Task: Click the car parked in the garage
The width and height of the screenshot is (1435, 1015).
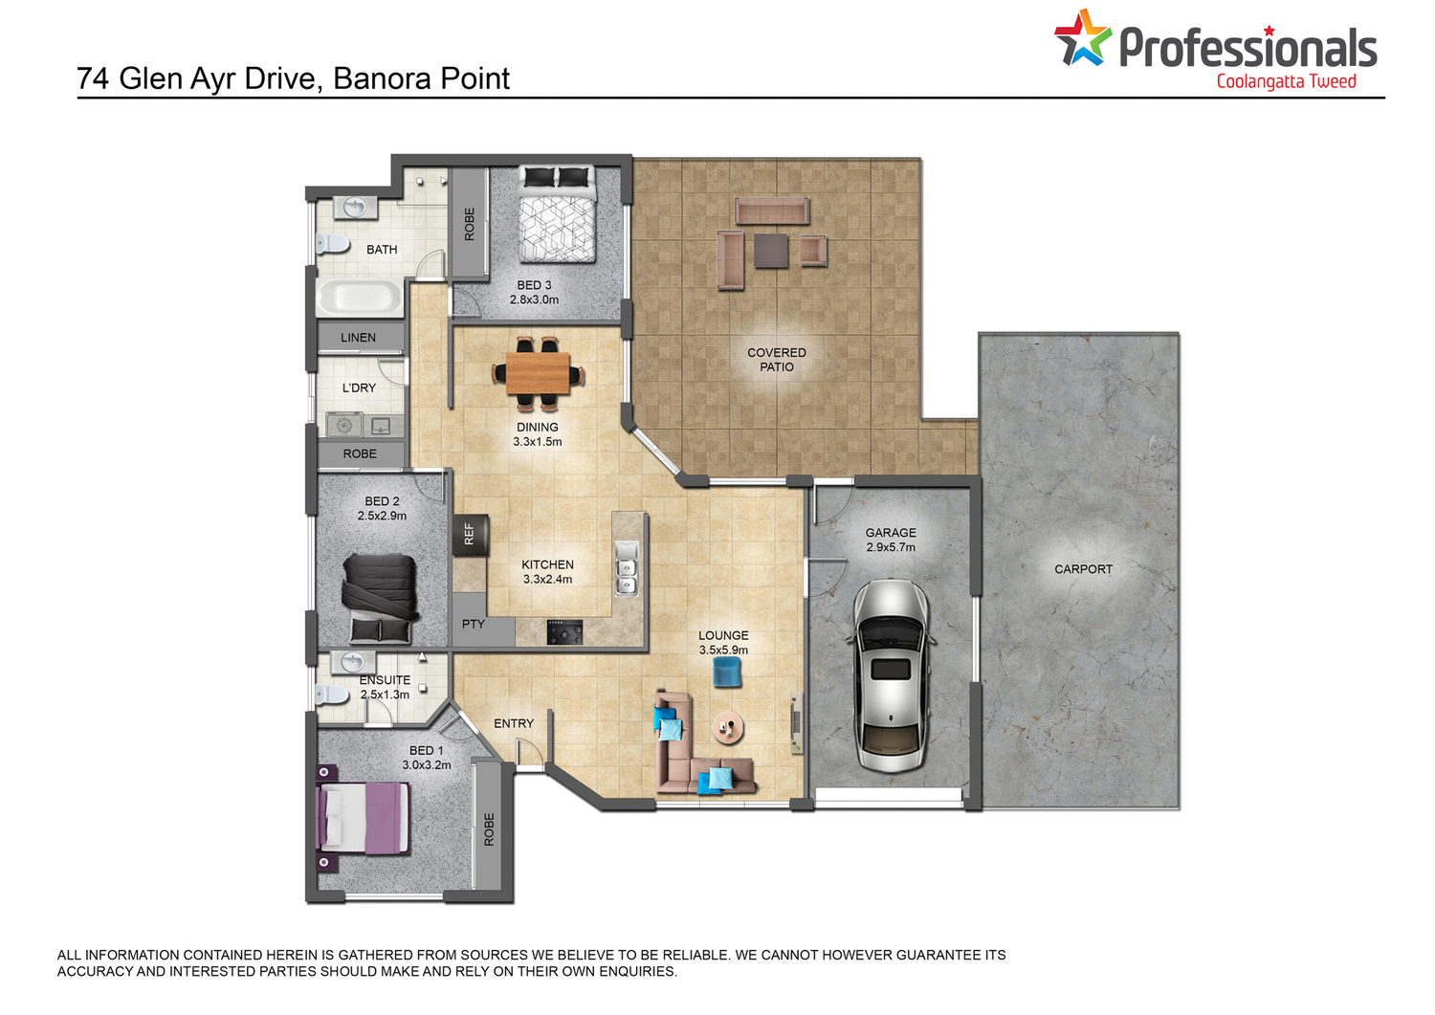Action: (891, 675)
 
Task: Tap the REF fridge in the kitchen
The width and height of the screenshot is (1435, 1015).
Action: (471, 534)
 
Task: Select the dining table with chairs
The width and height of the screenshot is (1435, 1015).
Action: (538, 373)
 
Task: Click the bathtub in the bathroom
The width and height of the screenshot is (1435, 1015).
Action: (360, 297)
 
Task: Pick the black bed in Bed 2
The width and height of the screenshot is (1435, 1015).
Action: (380, 597)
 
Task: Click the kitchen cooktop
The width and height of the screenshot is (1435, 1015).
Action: (564, 631)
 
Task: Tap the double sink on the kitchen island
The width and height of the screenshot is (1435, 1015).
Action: (627, 567)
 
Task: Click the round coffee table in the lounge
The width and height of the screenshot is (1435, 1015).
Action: (728, 727)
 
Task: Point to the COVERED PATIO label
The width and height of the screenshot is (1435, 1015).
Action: (777, 360)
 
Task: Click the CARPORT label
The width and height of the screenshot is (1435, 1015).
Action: (1083, 569)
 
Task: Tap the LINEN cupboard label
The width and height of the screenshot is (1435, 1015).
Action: (358, 338)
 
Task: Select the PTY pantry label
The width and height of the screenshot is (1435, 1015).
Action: (474, 624)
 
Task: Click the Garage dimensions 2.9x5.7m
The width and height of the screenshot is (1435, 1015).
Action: (891, 547)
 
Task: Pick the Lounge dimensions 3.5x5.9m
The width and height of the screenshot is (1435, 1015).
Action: (723, 650)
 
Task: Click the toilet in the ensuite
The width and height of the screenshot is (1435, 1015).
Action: (331, 694)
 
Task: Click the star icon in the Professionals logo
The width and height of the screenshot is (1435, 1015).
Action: (1082, 38)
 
